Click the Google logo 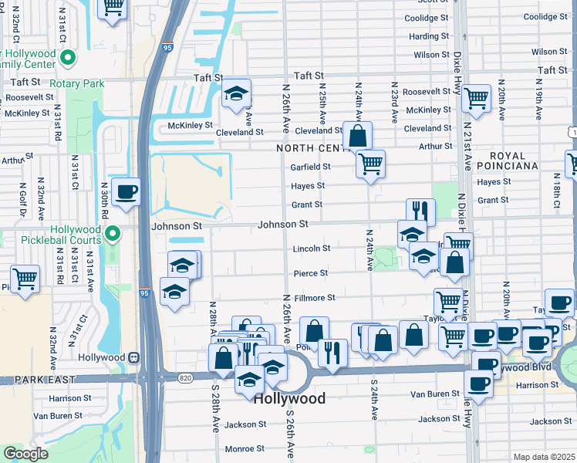point(25,454)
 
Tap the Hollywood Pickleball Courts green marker point(113,232)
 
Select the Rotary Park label point(76,83)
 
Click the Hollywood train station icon point(134,357)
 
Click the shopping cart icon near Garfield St point(370,164)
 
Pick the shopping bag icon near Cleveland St point(357,136)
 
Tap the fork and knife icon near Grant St point(420,210)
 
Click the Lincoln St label point(312,248)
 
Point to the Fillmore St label point(315,298)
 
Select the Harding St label point(424,36)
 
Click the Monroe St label point(245,449)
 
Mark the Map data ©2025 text point(543,457)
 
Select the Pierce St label point(311,273)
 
